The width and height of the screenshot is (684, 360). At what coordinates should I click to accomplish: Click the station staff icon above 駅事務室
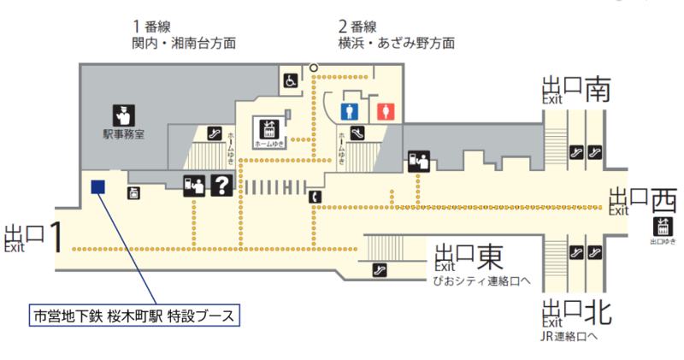click(x=121, y=114)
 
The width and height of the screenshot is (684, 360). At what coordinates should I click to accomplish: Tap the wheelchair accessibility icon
click(x=291, y=80)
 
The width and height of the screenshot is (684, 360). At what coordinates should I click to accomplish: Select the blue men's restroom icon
click(x=348, y=111)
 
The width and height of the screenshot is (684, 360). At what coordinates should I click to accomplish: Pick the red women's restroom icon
click(x=385, y=111)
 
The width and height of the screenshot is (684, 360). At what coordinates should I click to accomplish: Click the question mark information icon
click(x=221, y=184)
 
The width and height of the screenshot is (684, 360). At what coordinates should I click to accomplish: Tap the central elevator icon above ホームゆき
click(x=268, y=129)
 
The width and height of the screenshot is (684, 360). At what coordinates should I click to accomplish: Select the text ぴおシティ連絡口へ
click(x=483, y=280)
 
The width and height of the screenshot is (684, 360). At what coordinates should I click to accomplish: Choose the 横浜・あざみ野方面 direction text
click(x=396, y=42)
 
